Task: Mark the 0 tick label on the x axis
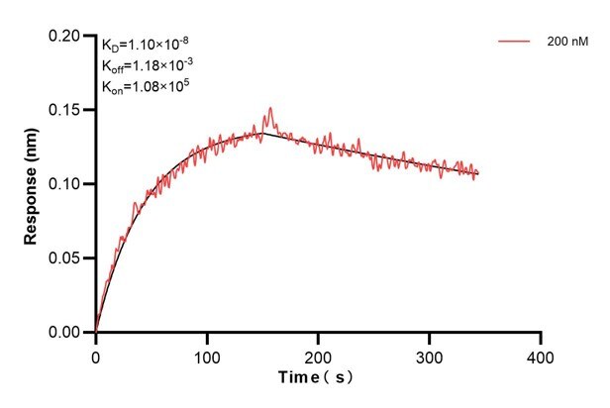[95, 355]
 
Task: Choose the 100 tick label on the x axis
[206, 355]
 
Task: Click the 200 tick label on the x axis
[318, 355]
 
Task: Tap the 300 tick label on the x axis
[429, 355]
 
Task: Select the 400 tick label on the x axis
[540, 355]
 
